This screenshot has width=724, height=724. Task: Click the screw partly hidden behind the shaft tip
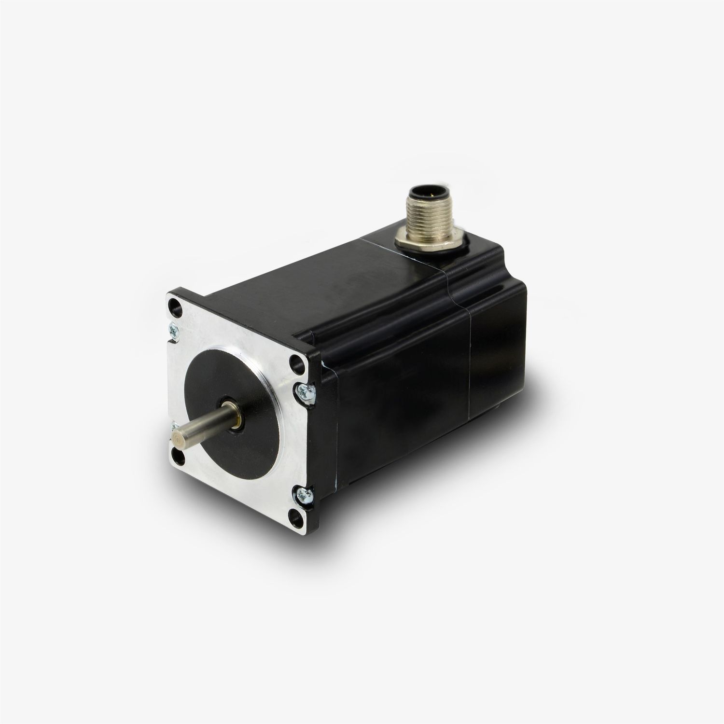click(x=172, y=428)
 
